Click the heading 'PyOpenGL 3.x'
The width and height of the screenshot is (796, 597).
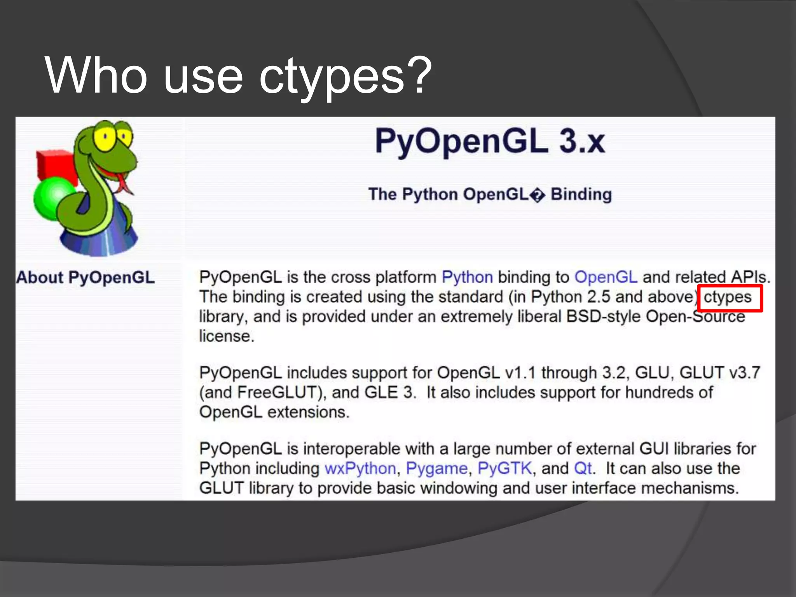pyautogui.click(x=489, y=141)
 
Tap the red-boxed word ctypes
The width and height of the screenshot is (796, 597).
pyautogui.click(x=728, y=297)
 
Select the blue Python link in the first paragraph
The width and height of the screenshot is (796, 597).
pyautogui.click(x=467, y=278)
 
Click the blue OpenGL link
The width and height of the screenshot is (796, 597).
pyautogui.click(x=606, y=278)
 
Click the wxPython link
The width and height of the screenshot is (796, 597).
pyautogui.click(x=360, y=469)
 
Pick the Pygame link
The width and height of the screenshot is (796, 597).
pyautogui.click(x=436, y=469)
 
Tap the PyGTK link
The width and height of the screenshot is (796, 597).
pyautogui.click(x=504, y=469)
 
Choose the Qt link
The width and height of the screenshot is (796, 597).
pyautogui.click(x=583, y=469)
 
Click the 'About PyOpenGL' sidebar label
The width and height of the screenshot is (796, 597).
pyautogui.click(x=86, y=278)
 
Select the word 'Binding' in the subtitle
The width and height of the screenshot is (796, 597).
pyautogui.click(x=581, y=194)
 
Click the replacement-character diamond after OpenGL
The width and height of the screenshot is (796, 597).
pyautogui.click(x=537, y=195)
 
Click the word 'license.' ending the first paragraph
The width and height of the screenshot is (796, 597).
pyautogui.click(x=227, y=337)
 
